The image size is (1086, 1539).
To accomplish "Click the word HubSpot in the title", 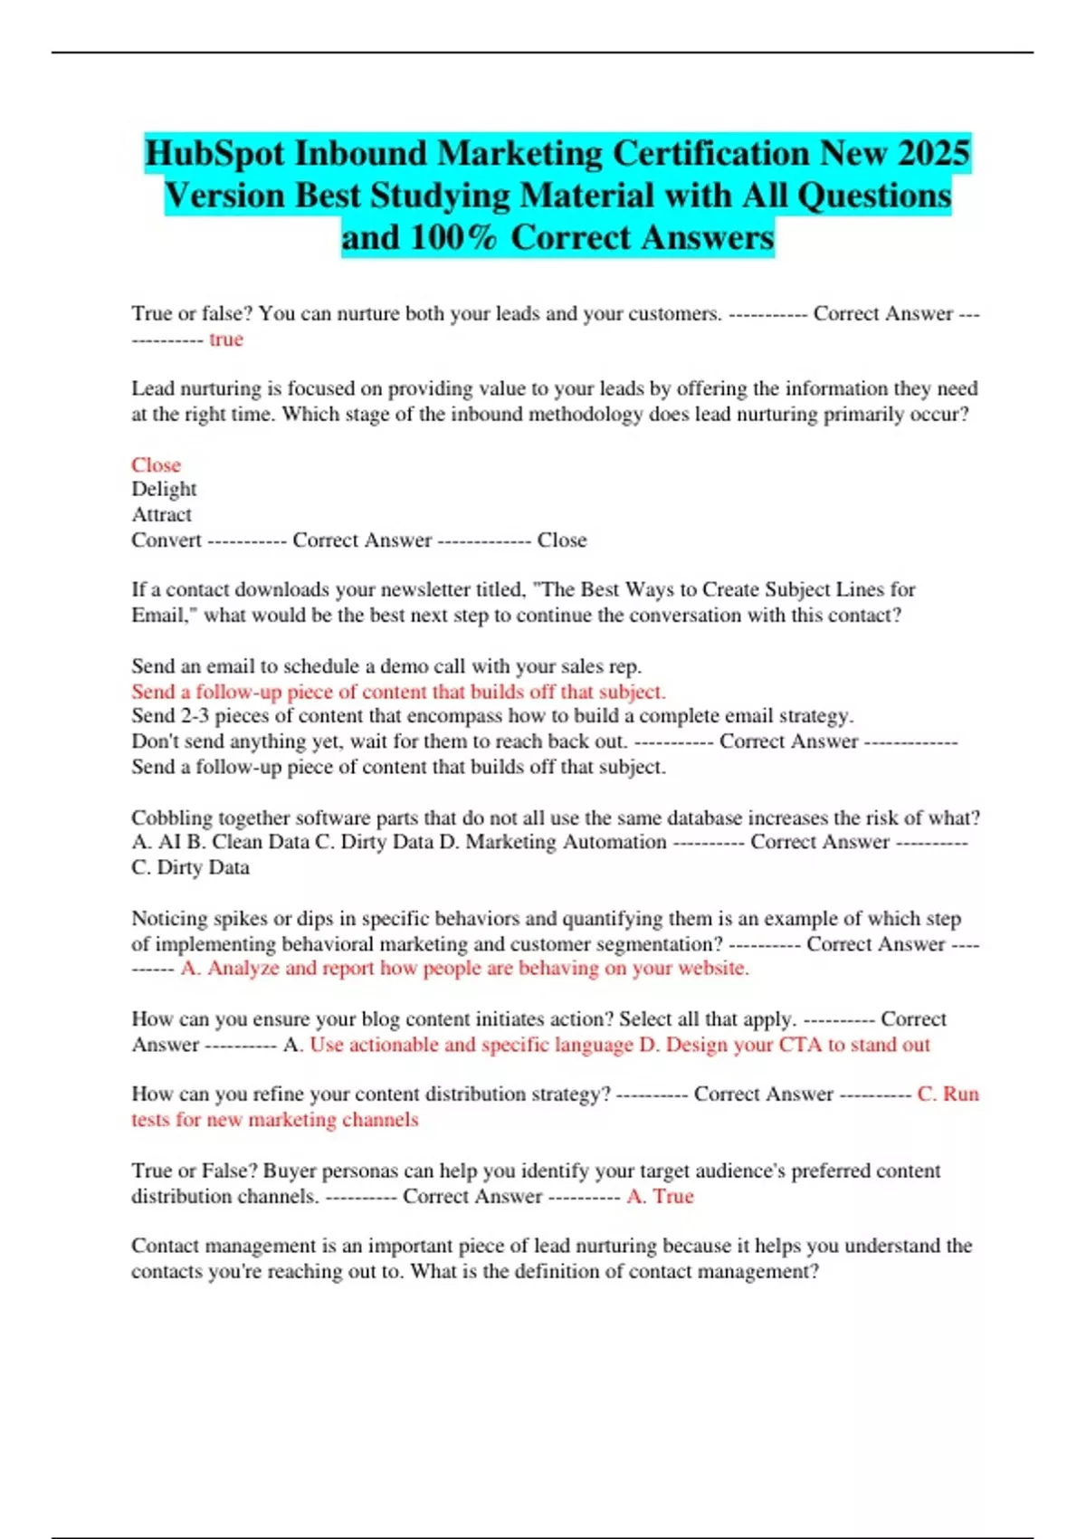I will click(x=214, y=153).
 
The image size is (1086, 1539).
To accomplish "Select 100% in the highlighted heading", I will click(x=453, y=237).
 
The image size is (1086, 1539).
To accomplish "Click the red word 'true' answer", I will click(x=226, y=339).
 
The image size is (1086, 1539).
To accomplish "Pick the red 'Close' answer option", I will click(x=156, y=464).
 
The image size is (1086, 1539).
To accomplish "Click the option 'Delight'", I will click(x=164, y=489).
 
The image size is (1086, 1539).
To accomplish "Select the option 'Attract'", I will click(x=161, y=514).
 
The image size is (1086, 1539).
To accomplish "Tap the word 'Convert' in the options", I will click(x=167, y=540).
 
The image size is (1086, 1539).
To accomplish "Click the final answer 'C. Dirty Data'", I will click(x=190, y=867).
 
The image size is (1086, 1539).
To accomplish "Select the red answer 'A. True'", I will click(x=660, y=1196).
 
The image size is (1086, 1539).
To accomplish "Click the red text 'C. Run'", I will click(x=948, y=1095).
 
